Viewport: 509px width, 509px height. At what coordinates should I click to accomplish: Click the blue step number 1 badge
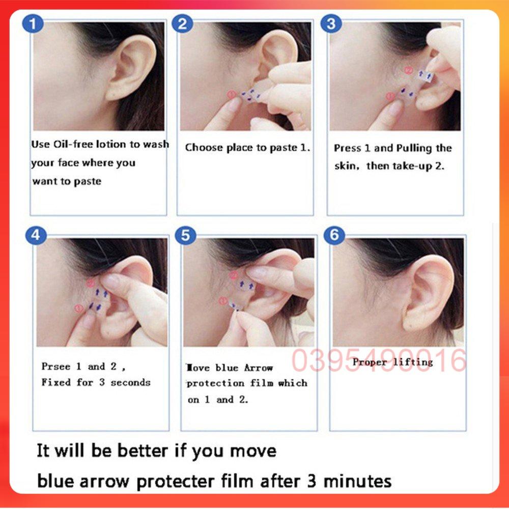tap(33, 24)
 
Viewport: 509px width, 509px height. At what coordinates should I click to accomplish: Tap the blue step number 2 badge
tap(182, 24)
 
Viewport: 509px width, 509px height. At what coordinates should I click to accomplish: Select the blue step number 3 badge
tap(331, 24)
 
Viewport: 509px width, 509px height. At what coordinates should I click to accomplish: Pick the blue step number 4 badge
tap(36, 235)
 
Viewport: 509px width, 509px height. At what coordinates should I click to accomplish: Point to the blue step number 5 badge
tap(185, 235)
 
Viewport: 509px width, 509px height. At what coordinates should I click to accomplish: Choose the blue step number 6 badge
tap(334, 235)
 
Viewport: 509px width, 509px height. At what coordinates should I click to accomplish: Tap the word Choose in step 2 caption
tap(204, 148)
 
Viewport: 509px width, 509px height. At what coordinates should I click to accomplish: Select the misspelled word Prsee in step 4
tap(56, 366)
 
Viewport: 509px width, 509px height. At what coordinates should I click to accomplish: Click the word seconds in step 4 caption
tap(130, 382)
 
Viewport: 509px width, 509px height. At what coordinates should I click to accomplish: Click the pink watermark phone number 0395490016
tap(379, 360)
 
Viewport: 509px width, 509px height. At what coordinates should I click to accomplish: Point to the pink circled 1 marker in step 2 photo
tap(231, 95)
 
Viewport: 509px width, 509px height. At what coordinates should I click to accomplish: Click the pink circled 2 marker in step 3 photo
tap(408, 70)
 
